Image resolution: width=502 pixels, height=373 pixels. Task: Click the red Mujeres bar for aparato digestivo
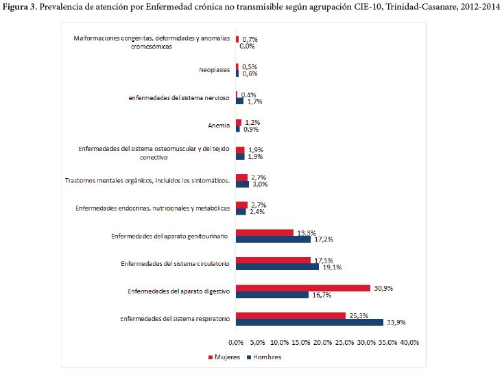[302, 288]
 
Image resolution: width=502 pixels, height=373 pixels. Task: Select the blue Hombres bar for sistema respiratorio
[309, 322]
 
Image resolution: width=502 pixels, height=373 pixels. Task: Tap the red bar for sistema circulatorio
[273, 261]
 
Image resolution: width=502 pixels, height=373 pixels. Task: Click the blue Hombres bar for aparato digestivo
[272, 295]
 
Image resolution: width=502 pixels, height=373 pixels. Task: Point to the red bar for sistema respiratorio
[291, 315]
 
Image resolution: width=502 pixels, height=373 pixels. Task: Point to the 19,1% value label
[332, 267]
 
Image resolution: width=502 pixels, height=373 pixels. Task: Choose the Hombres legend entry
[263, 357]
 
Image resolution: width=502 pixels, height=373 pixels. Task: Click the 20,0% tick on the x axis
[323, 342]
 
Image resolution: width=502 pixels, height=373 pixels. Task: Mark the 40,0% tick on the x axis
[409, 342]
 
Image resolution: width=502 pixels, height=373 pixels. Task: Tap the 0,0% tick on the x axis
[236, 342]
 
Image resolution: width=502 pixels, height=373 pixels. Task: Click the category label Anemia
[219, 125]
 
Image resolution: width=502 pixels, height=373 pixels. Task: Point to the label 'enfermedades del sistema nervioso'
[179, 98]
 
